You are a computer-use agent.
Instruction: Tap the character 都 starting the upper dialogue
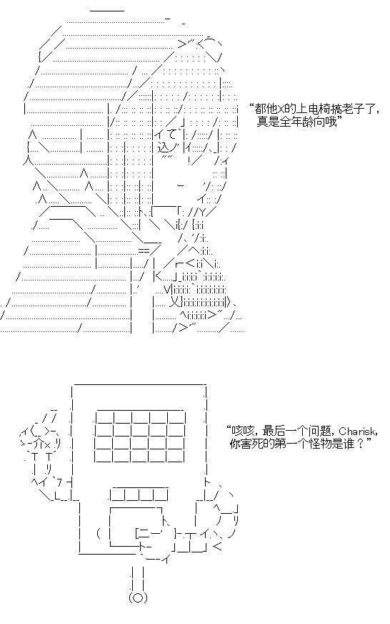click(x=261, y=109)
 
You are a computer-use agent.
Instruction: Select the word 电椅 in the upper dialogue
click(x=316, y=109)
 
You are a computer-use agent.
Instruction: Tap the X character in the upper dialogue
click(x=281, y=109)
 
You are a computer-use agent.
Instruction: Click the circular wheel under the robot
click(x=138, y=598)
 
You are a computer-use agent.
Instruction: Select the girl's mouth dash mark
click(x=180, y=185)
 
